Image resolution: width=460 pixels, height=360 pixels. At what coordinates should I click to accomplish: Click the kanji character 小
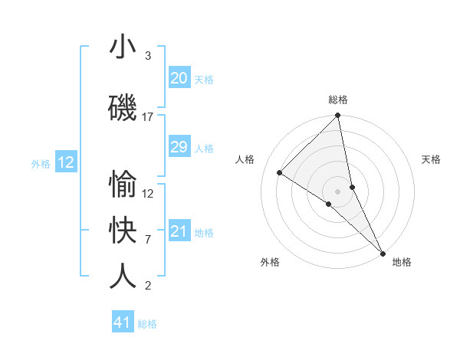[123, 47]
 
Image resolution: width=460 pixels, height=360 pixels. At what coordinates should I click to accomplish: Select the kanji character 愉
[123, 185]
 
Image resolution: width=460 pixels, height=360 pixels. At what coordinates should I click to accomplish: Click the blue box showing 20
[179, 78]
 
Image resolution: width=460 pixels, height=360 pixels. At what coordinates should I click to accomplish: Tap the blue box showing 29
[179, 147]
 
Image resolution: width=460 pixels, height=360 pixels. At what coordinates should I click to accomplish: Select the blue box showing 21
[179, 231]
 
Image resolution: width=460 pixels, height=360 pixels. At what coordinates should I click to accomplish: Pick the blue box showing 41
[123, 322]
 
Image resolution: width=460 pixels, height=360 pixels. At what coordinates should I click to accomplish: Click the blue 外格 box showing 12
[66, 162]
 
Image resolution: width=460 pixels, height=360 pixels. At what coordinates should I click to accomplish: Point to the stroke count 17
[148, 117]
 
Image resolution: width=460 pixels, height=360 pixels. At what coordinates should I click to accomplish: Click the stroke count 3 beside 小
[148, 56]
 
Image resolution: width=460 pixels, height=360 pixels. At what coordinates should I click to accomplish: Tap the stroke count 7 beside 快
[148, 240]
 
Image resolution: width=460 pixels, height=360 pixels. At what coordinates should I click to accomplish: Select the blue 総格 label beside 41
[147, 324]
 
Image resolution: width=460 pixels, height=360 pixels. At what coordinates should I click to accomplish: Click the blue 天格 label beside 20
[204, 79]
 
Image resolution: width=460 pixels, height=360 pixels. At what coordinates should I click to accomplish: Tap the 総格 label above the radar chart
[338, 100]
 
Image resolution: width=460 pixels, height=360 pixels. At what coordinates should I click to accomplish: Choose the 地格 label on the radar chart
[402, 262]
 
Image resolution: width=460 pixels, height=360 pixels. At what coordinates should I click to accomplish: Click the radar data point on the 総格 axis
[338, 116]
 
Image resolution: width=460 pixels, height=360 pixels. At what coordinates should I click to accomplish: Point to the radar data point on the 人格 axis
[280, 172]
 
